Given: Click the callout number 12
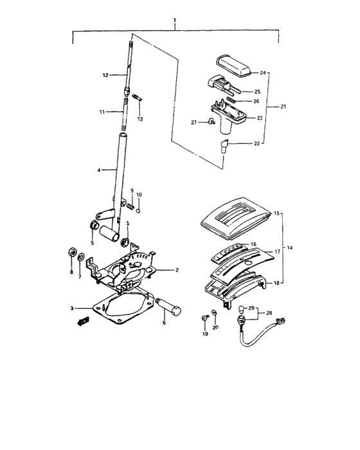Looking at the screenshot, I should coord(105,75).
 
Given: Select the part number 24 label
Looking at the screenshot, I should coord(263,73).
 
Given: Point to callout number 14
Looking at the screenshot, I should coord(291,247).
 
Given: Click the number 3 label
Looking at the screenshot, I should coord(73,309).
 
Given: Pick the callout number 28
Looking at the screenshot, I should coord(269,314).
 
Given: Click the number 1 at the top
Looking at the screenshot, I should coord(175,21).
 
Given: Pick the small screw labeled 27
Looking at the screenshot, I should coord(212,122).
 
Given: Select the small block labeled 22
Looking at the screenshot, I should coord(226,145).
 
